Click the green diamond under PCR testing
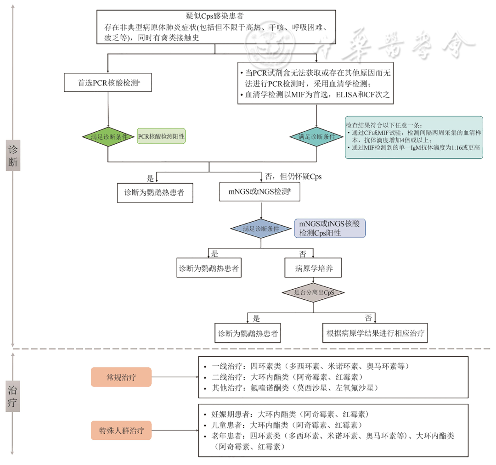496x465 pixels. click(108, 136)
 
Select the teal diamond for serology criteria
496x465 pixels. click(316, 136)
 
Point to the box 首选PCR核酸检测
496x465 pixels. click(108, 83)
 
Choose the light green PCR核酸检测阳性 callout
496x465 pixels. click(161, 136)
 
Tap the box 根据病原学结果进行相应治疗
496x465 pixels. click(375, 333)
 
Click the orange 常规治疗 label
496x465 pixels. click(121, 377)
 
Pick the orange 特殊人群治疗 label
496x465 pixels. click(121, 430)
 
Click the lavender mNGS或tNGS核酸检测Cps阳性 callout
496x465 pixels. click(329, 228)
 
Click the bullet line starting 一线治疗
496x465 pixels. click(310, 366)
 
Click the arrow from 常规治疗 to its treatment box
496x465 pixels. click(174, 377)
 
